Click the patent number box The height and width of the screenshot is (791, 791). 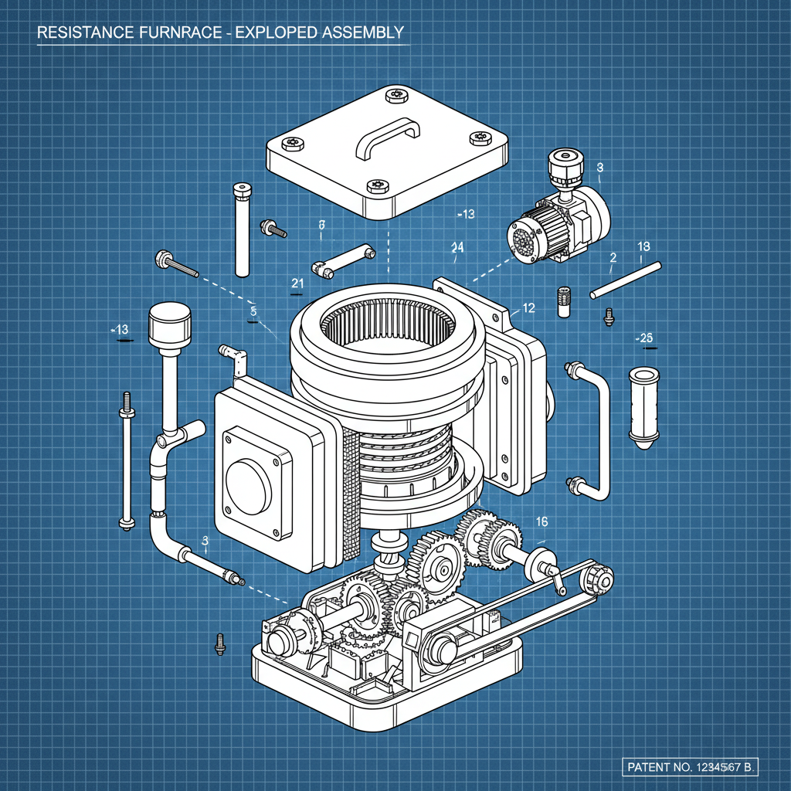[x=691, y=767]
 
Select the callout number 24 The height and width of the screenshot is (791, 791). [x=457, y=247]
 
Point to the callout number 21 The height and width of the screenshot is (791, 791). [x=297, y=283]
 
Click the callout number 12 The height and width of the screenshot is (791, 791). [x=528, y=308]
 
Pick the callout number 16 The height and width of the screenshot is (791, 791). [x=541, y=522]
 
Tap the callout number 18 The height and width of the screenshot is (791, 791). [x=643, y=246]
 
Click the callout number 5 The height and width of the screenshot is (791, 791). [x=253, y=311]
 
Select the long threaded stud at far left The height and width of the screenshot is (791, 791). [x=125, y=460]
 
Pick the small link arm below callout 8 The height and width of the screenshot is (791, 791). [x=342, y=260]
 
